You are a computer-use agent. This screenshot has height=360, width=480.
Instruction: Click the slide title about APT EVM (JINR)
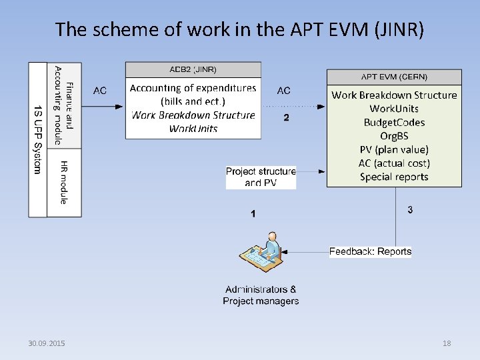click(239, 29)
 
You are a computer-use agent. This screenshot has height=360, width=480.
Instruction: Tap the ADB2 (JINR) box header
click(193, 69)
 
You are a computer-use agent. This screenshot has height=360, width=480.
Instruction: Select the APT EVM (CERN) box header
click(394, 77)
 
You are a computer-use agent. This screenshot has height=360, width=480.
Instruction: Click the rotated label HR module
click(64, 182)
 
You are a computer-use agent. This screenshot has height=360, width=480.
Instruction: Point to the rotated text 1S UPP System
click(37, 139)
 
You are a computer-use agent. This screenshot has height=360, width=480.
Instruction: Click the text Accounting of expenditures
click(193, 88)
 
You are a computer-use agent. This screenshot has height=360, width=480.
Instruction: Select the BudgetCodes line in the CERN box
click(394, 123)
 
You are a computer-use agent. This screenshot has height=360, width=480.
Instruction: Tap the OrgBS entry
click(394, 136)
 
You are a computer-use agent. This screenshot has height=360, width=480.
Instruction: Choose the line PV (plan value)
click(394, 150)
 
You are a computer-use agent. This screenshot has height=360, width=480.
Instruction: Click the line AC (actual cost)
click(394, 163)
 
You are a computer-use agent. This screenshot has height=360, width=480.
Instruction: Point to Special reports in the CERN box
click(394, 177)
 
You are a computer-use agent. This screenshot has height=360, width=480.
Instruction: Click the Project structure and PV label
click(261, 177)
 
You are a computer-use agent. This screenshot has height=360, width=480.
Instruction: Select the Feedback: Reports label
click(370, 251)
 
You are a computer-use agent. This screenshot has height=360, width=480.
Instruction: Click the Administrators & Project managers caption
click(261, 295)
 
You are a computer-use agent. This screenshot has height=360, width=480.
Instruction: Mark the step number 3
click(410, 210)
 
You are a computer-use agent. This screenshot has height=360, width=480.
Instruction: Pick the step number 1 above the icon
click(253, 214)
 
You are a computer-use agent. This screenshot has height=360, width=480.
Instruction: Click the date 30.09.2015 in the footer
click(47, 343)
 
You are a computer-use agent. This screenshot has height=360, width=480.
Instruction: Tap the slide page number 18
click(447, 343)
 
